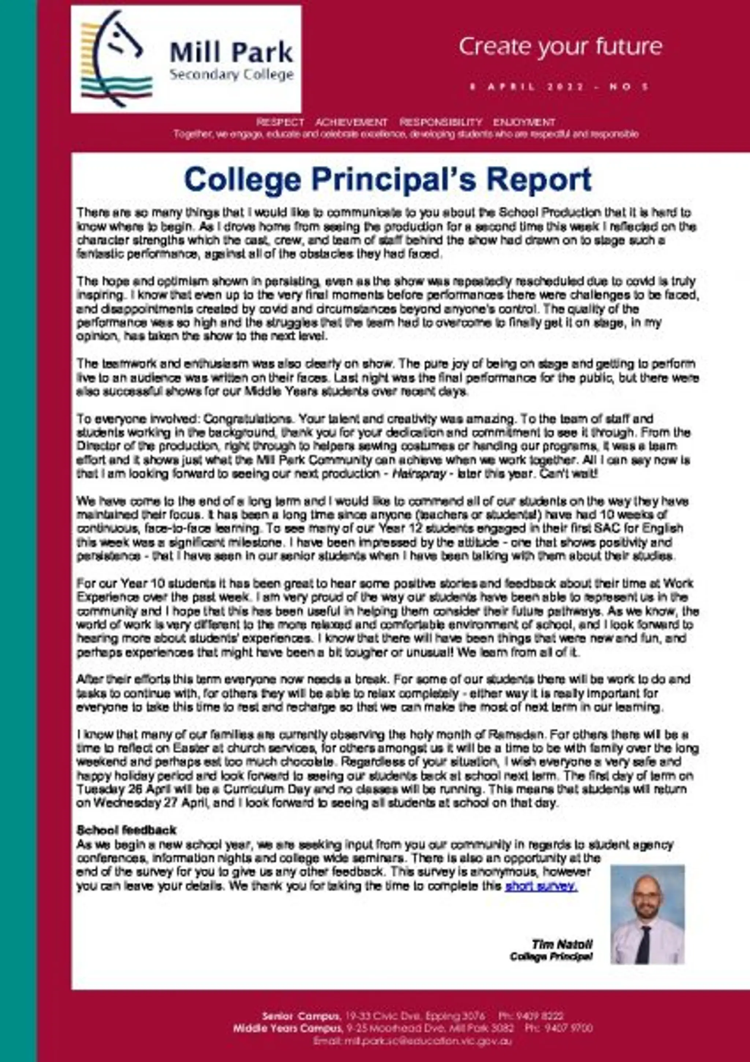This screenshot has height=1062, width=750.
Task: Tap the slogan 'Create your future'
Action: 560,47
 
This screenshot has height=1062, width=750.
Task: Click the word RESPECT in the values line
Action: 280,122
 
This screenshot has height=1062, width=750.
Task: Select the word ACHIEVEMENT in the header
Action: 351,122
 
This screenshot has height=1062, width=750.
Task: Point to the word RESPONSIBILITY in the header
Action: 441,122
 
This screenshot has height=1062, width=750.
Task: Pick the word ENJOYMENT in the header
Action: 524,122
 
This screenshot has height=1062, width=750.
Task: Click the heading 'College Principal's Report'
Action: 388,180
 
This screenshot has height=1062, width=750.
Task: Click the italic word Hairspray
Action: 419,474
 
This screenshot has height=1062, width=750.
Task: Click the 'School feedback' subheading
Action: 126,830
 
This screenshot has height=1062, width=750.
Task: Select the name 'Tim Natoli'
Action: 561,944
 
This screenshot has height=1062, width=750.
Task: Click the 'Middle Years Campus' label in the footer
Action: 288,1028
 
